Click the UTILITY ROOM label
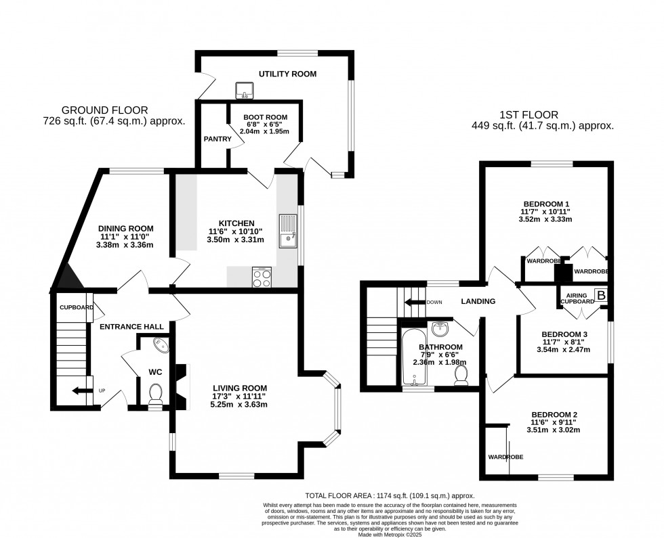(287, 74)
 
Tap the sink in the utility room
(245, 89)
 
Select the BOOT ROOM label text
(266, 117)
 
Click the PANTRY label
(217, 139)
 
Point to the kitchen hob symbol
(262, 277)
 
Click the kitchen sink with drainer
(288, 231)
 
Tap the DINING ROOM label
(125, 228)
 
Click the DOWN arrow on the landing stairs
(412, 302)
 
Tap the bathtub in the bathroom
(412, 359)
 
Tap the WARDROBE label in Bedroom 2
(505, 457)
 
